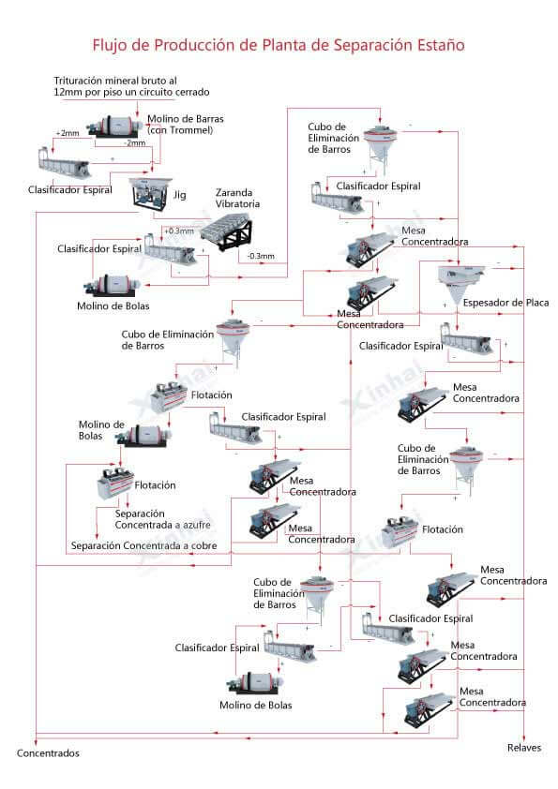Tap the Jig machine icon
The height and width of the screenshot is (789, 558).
click(150, 195)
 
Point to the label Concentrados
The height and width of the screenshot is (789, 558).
click(49, 753)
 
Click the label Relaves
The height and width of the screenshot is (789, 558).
click(524, 748)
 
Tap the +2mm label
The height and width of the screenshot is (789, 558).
click(68, 133)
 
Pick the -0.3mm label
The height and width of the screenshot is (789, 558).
click(261, 256)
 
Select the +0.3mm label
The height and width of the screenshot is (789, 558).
click(179, 231)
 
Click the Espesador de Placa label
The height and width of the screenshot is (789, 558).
click(505, 303)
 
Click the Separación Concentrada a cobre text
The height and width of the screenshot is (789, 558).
click(144, 545)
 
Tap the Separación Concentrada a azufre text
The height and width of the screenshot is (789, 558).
click(162, 519)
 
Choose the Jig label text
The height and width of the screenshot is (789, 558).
click(180, 195)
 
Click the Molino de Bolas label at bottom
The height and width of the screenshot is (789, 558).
click(256, 706)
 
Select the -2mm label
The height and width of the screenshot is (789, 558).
click(135, 143)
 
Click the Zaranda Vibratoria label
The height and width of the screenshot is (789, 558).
click(237, 198)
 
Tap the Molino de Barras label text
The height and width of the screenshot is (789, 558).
click(186, 125)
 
